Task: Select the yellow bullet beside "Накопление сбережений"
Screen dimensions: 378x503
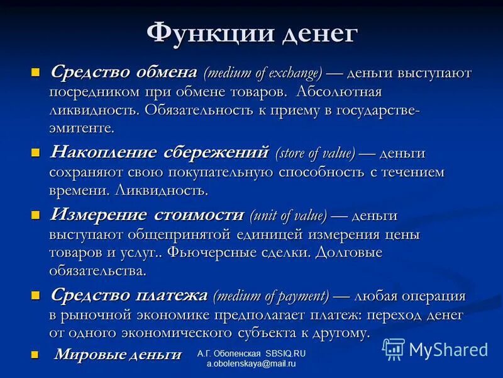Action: pyautogui.click(x=35, y=152)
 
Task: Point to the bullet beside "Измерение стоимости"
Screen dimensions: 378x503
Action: pyautogui.click(x=35, y=214)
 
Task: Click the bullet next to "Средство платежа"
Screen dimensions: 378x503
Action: pyautogui.click(x=35, y=295)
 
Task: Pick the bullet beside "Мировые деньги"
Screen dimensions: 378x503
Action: pyautogui.click(x=35, y=355)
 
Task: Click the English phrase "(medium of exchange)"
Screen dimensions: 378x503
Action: pyautogui.click(x=262, y=72)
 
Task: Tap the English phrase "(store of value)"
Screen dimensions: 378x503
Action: pyautogui.click(x=314, y=153)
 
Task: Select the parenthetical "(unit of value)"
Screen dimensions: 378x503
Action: pyautogui.click(x=288, y=215)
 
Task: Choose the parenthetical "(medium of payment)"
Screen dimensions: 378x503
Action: pyautogui.click(x=271, y=295)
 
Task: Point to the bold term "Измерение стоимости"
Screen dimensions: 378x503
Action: pyautogui.click(x=146, y=214)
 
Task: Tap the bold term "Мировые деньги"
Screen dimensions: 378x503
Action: pyautogui.click(x=118, y=354)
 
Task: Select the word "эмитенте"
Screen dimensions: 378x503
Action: pyautogui.click(x=82, y=128)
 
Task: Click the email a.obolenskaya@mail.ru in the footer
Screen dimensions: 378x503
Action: pyautogui.click(x=251, y=365)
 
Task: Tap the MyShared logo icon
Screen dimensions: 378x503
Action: pyautogui.click(x=394, y=349)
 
